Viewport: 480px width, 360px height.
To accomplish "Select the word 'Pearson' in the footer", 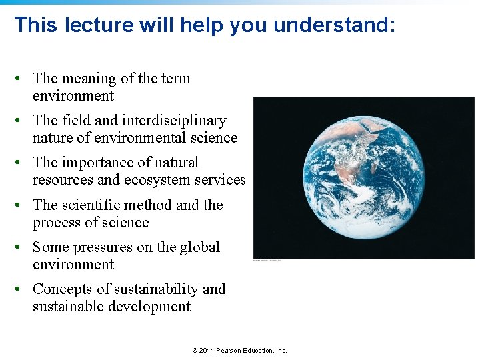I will click(x=231, y=351).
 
